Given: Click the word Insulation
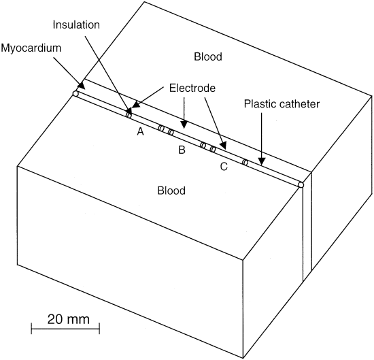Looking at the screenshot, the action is coord(76,24).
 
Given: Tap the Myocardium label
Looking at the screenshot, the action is coord(31,48).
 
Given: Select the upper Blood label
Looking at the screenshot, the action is coord(208,56).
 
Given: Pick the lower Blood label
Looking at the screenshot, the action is coord(171,191).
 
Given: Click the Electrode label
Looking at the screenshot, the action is coord(192,88).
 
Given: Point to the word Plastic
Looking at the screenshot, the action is coord(260,104).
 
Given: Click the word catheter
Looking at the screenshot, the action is coord(299,104).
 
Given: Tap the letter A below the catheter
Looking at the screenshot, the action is coord(141,131).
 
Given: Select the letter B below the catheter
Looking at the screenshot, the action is coord(182,150).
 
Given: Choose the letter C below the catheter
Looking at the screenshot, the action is coord(224,167).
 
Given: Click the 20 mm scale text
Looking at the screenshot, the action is coord(69,319).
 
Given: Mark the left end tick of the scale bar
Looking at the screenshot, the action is coord(31,329).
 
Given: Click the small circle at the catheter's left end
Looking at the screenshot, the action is coord(75,94).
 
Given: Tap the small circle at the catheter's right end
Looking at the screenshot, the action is coord(301,185).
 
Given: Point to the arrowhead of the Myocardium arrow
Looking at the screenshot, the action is coord(82,86).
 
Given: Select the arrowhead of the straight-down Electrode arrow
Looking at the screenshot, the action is coord(184,125).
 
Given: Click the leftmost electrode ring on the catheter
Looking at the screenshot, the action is coord(129,116).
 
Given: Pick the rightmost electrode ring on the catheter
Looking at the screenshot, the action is coord(245,163).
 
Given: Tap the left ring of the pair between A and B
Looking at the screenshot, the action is coord(161,129).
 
